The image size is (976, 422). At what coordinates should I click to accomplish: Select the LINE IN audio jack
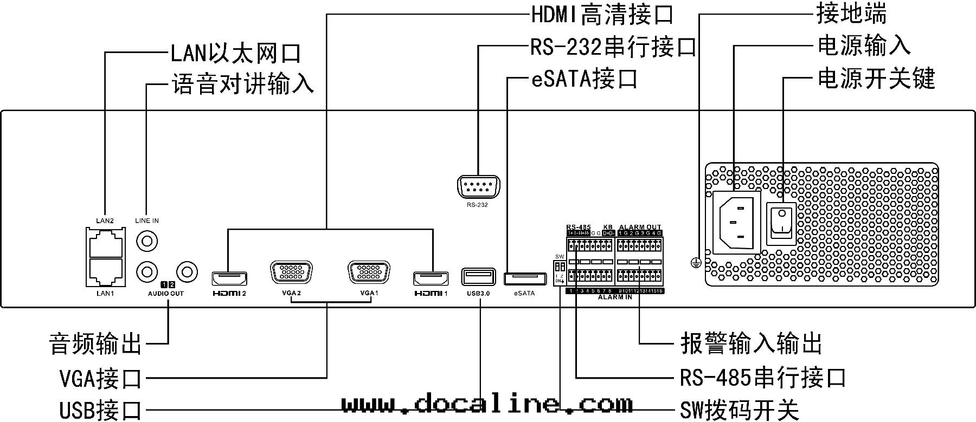(146, 239)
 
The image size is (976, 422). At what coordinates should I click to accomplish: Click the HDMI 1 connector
(432, 278)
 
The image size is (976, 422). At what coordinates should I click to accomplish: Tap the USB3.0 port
(478, 277)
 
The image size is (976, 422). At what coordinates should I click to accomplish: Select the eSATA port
(524, 279)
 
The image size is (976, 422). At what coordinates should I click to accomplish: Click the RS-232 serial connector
(478, 188)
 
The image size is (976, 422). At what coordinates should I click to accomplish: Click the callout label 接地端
(851, 14)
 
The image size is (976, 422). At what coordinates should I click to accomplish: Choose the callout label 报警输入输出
(752, 343)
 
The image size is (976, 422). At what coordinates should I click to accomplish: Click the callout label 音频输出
(95, 343)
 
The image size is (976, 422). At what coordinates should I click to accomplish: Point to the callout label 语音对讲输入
(242, 85)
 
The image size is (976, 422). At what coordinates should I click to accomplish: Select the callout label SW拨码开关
(740, 410)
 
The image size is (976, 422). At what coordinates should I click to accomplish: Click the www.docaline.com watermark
(487, 404)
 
